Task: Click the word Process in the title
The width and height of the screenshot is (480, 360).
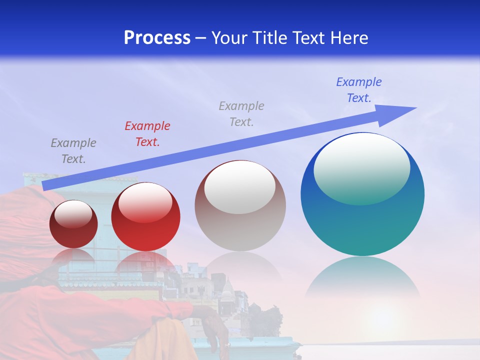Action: tap(157, 38)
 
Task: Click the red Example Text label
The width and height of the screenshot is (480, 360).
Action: tap(147, 134)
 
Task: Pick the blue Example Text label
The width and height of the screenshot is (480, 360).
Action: tap(359, 90)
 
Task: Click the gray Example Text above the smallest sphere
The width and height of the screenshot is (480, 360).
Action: tap(73, 151)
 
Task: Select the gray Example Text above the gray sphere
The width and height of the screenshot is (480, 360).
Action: tap(241, 114)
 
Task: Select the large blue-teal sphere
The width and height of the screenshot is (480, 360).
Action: tap(362, 220)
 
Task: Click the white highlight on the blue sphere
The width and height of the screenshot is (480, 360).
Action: tap(362, 167)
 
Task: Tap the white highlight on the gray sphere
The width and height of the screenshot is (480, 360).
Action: tap(240, 187)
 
